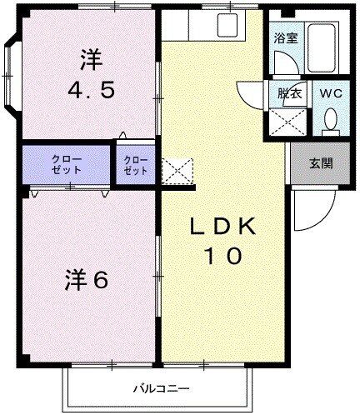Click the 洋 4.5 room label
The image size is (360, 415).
click(x=90, y=74)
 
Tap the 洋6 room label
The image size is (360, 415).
click(x=86, y=280)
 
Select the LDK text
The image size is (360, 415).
click(x=224, y=227)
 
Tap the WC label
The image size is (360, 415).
click(x=330, y=93)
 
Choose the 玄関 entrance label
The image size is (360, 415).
click(x=321, y=162)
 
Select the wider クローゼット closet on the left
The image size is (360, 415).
click(x=67, y=163)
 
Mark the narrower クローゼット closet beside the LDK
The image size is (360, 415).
click(x=135, y=163)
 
